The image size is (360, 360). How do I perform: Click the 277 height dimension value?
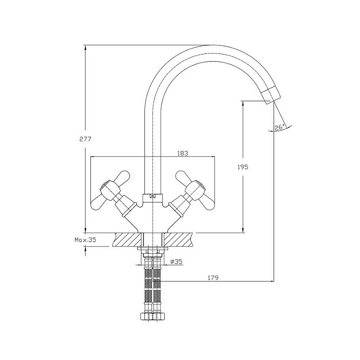click(85, 139)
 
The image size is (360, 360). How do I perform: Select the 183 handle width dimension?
click(183, 153)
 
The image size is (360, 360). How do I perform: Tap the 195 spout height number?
click(243, 167)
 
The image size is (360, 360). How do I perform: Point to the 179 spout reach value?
click(213, 278)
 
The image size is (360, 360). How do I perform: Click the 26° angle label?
click(279, 127)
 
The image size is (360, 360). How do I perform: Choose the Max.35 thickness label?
click(85, 240)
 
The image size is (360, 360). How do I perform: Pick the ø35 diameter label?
click(176, 261)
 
